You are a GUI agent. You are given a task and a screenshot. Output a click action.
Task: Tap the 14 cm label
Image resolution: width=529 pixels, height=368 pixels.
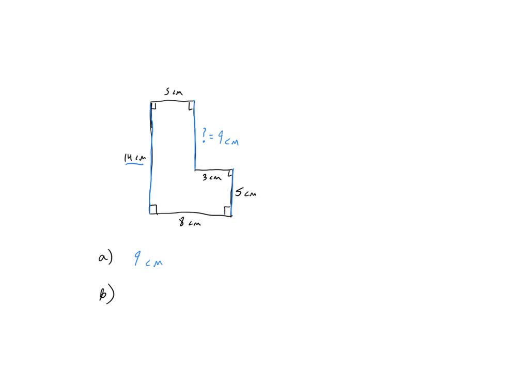pos(135,157)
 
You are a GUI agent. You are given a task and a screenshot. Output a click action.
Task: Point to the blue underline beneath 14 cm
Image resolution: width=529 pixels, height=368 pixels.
pos(134,165)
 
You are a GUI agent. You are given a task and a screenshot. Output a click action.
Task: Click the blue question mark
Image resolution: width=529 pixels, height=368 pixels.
pos(205,135)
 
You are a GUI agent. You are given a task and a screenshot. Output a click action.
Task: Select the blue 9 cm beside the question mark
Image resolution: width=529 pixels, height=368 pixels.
pos(227,139)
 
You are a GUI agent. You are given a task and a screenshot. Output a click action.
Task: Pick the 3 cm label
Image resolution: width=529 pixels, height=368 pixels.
pos(211,178)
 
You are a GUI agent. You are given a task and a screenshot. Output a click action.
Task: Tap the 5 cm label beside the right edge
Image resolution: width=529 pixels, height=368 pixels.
pos(245,193)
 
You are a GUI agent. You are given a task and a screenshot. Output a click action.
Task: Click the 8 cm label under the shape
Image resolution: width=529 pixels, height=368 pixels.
pos(190,223)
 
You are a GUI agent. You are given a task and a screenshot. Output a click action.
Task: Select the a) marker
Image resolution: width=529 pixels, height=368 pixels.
pos(105,258)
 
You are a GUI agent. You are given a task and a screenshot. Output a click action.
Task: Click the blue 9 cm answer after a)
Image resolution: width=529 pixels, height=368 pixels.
pos(148,259)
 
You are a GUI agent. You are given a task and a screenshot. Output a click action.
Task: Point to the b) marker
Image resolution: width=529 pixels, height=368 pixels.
pos(106,295)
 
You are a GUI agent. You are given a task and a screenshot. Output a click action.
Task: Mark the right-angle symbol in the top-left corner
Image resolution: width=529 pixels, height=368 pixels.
pos(154,107)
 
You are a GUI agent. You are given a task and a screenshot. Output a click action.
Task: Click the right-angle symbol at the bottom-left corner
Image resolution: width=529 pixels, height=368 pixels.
pos(153,209)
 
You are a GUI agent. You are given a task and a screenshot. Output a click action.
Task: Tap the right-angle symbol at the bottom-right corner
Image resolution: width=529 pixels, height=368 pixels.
pos(227,210)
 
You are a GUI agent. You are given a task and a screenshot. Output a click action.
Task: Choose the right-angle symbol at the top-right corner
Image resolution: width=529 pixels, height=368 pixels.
pos(191,106)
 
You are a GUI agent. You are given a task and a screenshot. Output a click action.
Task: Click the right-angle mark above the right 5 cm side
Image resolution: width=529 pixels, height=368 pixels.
pos(230,173)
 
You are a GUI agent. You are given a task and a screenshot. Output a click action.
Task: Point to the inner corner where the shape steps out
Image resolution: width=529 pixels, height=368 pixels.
pos(195,170)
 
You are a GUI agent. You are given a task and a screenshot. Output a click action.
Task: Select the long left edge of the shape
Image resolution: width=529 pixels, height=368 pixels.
pos(151,155)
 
